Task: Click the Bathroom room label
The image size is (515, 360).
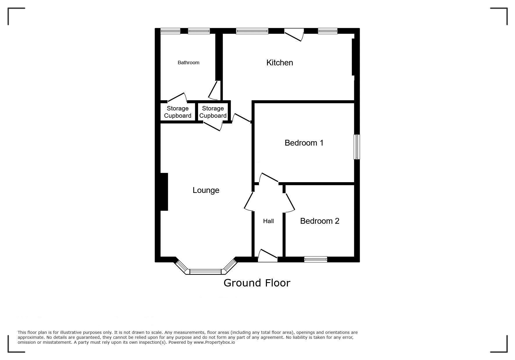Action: click(188, 62)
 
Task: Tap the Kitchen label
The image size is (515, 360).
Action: click(279, 62)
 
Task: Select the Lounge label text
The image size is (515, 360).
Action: click(206, 190)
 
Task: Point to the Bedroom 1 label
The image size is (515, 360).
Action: click(304, 143)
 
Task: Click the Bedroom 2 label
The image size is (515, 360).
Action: click(320, 221)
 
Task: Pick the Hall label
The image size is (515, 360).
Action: click(268, 221)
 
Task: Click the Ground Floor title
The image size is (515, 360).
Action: click(257, 283)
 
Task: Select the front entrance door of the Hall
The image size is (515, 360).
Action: click(268, 255)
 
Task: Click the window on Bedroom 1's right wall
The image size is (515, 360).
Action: click(357, 147)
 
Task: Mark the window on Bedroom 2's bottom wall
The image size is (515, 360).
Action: click(316, 259)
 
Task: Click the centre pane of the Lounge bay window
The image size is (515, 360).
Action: click(206, 272)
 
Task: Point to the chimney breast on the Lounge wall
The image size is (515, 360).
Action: click(164, 192)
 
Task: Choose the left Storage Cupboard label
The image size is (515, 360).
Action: click(178, 112)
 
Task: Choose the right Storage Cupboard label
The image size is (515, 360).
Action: click(213, 112)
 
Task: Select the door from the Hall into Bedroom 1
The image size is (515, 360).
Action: click(269, 178)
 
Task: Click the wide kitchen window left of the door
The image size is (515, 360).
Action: click(252, 31)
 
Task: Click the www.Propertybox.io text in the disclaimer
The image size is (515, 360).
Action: click(214, 342)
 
